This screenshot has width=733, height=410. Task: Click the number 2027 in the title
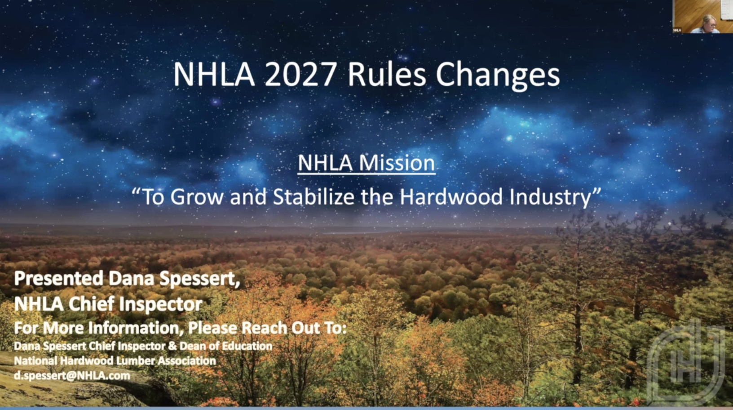coord(300,75)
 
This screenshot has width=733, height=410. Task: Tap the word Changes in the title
coord(498,76)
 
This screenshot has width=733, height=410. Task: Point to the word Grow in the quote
coord(196,197)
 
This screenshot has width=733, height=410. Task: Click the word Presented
coord(59,279)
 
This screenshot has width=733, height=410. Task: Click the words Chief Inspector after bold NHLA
coord(135,304)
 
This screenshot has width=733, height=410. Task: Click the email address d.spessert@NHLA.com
coord(72,375)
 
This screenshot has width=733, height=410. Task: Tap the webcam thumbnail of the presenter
coord(702,17)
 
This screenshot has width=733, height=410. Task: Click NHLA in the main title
coord(214,75)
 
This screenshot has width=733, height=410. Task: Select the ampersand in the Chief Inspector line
coord(172,346)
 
